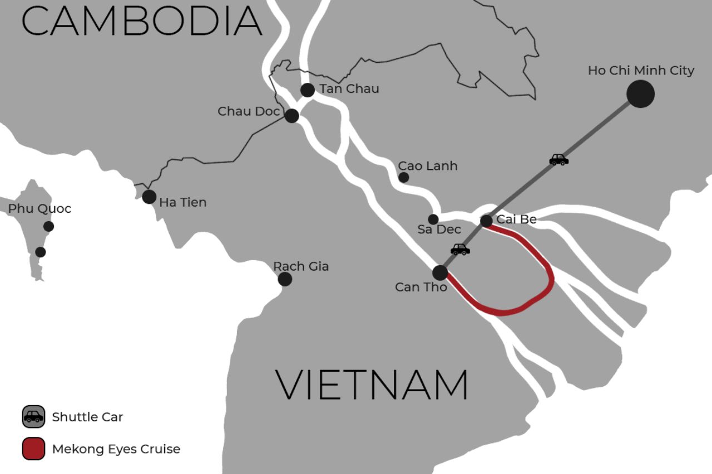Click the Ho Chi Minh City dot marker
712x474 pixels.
[640, 94]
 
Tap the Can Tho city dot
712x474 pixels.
[440, 272]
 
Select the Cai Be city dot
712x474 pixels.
[486, 221]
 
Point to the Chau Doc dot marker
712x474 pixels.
[292, 116]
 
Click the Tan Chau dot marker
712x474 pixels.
[308, 90]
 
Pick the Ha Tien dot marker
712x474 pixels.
[149, 197]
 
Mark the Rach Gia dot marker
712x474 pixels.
[285, 279]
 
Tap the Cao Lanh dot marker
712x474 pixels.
[404, 177]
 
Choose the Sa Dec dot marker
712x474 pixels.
[433, 219]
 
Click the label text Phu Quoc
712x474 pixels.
[39, 209]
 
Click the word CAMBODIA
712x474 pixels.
[142, 21]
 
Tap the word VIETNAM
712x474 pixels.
[372, 385]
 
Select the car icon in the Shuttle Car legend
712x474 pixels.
[33, 417]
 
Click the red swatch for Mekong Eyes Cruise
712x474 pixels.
[33, 449]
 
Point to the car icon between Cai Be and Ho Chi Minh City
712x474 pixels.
[559, 160]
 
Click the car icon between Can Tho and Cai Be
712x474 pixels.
[460, 250]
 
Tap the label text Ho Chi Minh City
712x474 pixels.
[641, 71]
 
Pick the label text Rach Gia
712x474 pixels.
[301, 266]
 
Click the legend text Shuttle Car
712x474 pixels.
[87, 417]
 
